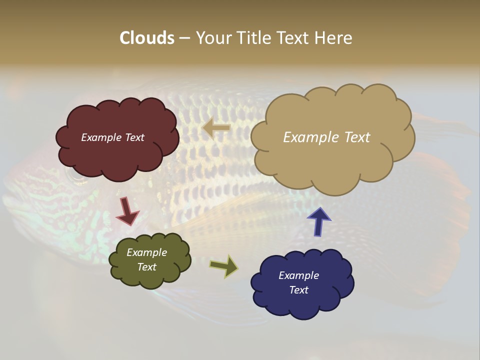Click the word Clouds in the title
pos(147,38)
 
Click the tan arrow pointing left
pos(216,128)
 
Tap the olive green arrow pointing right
pos(224,266)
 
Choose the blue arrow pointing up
pos(319,221)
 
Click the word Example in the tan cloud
pos(310,137)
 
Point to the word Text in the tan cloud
pos(354,137)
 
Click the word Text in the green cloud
pos(147,267)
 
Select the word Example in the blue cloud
pos(298,275)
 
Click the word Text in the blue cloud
pos(298,290)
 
